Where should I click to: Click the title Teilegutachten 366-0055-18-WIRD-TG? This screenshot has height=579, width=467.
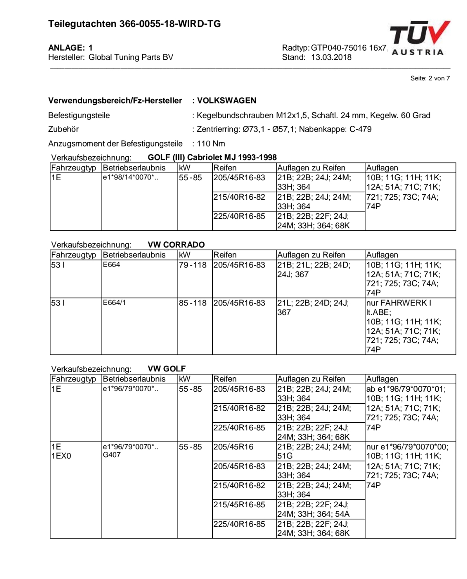tap(134, 24)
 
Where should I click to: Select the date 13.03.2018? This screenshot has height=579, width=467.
tap(331, 57)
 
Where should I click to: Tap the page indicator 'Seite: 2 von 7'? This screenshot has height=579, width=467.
tap(430, 78)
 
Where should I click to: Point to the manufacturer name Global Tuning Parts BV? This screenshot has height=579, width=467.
tap(131, 57)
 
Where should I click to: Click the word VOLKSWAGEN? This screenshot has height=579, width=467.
tap(226, 101)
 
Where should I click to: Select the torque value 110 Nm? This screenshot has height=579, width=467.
tap(211, 144)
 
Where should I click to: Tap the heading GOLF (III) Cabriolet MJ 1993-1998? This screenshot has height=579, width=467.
tap(212, 157)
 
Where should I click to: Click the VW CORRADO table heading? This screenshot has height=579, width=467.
tap(176, 245)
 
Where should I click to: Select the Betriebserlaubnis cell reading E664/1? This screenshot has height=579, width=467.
tap(114, 303)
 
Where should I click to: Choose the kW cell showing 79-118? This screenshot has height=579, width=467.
tap(192, 265)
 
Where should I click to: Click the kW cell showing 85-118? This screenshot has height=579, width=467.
tap(192, 303)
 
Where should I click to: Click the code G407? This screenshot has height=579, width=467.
tap(112, 455)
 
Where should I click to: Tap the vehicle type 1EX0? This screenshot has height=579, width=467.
tap(61, 456)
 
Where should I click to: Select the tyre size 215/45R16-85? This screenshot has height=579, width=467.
tap(239, 505)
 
